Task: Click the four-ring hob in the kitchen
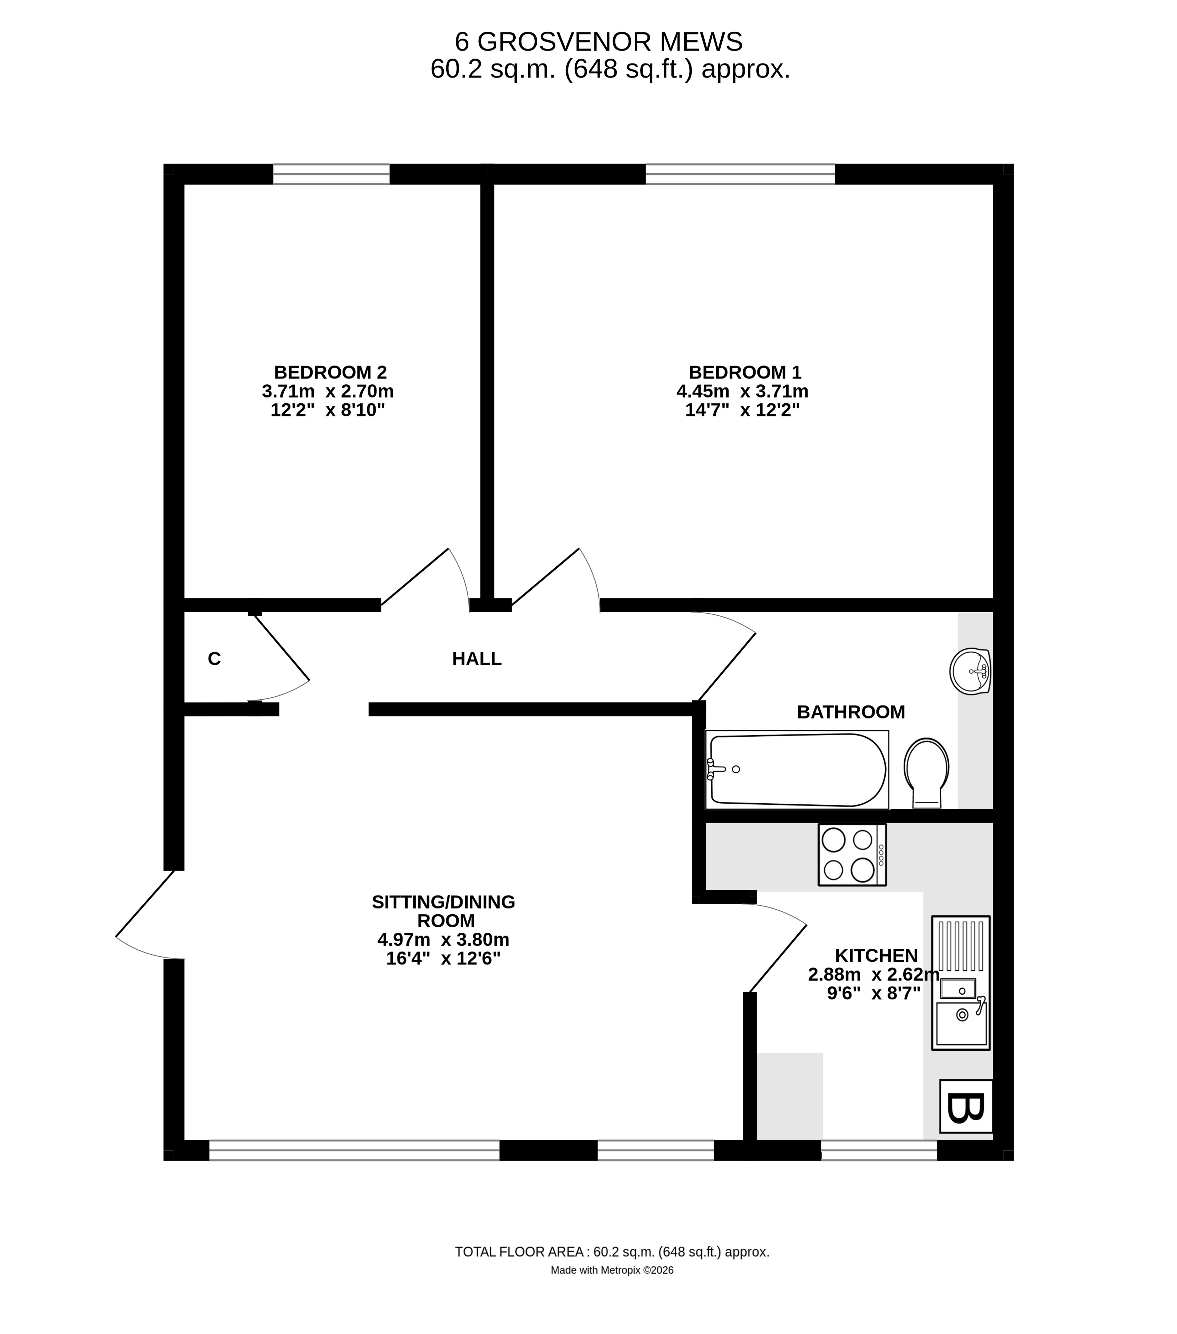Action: (851, 855)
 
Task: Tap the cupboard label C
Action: (214, 659)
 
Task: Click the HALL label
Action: (476, 659)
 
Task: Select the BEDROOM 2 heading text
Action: (330, 373)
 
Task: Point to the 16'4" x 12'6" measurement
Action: (443, 959)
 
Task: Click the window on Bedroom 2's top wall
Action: (331, 174)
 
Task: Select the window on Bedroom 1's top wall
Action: (740, 174)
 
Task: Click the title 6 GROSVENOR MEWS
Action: (598, 43)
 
